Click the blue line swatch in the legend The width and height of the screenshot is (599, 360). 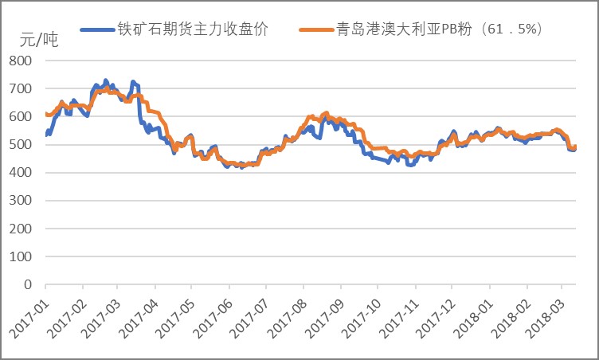[100, 29]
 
